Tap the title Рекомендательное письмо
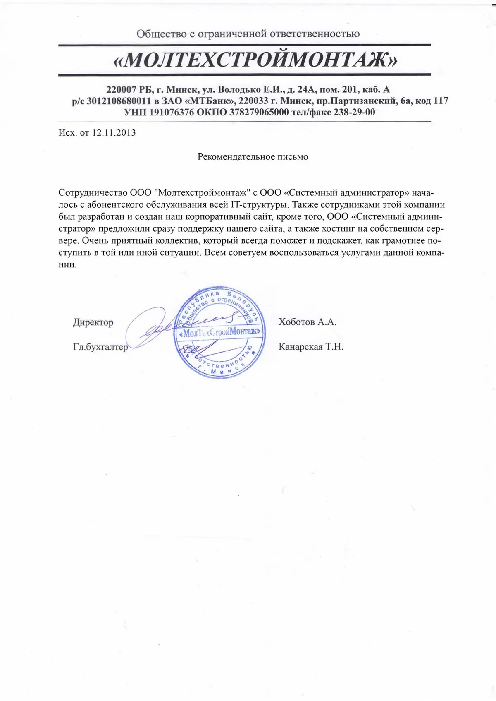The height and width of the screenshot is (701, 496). pos(253,157)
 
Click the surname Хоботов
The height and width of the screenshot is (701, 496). pos(296,322)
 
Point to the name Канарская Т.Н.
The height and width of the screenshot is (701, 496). pos(311,347)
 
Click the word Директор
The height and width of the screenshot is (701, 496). pos(93,322)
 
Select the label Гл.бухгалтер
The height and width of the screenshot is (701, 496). pos(100,347)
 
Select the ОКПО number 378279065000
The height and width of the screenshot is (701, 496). pos(259,112)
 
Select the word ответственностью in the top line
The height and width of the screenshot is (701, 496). pos(315,34)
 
